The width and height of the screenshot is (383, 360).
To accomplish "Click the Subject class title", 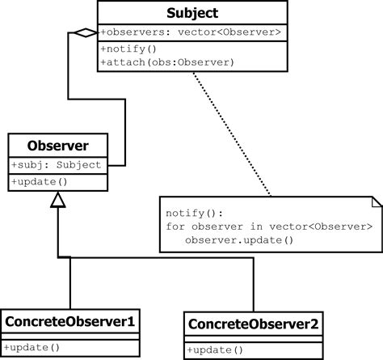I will (192, 13).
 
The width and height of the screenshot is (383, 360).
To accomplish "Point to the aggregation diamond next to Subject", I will (82, 32).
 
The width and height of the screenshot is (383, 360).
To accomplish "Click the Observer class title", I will (58, 146).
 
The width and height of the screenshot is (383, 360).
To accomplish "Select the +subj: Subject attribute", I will (57, 165).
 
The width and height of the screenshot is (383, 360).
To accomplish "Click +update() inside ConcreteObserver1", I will (32, 347).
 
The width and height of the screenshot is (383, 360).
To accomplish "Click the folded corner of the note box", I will (375, 202).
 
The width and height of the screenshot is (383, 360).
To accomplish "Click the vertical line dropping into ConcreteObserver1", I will (71, 283).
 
